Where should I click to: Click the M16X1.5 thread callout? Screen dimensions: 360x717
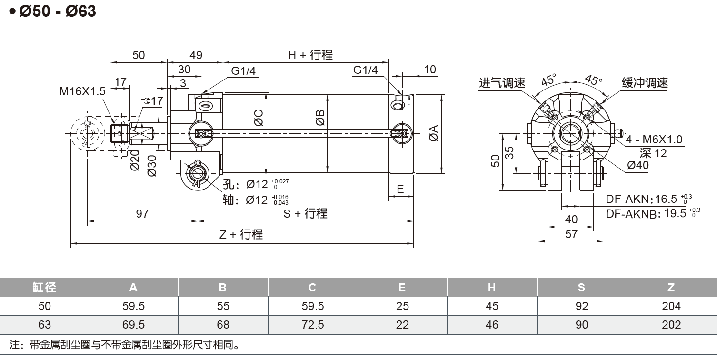(82, 91)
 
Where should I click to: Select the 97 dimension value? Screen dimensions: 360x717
(142, 214)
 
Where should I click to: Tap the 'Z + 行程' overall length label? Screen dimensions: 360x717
(241, 234)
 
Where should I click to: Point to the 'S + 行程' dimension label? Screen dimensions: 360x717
(305, 214)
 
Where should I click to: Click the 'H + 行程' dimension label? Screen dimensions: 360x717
(310, 55)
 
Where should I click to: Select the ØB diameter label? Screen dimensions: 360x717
(319, 118)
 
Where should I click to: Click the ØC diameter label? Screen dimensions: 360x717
(259, 118)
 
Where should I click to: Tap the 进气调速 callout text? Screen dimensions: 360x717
(502, 83)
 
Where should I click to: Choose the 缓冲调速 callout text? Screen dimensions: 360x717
(645, 83)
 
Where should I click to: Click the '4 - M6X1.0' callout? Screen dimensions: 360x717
(654, 140)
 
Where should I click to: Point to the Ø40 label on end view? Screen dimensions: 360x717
(637, 165)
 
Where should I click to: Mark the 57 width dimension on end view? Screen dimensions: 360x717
(571, 234)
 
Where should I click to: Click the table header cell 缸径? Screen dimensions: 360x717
(44, 287)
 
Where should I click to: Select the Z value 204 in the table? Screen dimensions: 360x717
(671, 306)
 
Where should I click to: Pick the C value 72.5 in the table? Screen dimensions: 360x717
(312, 325)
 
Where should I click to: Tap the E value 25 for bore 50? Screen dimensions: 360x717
(402, 306)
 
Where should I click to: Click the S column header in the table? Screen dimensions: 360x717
(581, 287)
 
